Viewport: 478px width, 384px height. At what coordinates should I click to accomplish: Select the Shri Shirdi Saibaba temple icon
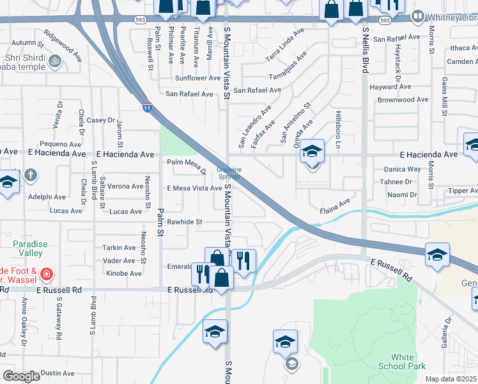(x=55, y=61)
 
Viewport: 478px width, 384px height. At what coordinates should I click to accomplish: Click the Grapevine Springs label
(x=229, y=173)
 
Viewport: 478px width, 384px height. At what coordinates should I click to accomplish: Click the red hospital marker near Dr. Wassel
(x=46, y=275)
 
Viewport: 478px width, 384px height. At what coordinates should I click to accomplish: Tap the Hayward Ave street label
(x=389, y=86)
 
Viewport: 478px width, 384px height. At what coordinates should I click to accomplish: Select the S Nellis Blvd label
(x=366, y=48)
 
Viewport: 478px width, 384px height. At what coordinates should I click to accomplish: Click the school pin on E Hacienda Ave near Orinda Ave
(x=312, y=152)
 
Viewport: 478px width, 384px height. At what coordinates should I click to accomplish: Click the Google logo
(x=21, y=376)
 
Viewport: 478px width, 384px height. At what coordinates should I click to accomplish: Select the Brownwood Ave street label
(x=403, y=100)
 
